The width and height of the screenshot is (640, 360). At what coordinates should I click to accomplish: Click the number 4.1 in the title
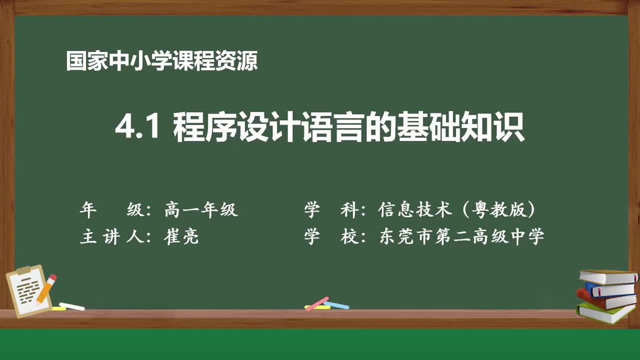(137, 128)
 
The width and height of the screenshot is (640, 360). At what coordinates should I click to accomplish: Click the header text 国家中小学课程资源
(162, 61)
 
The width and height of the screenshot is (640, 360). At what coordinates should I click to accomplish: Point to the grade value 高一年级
(201, 210)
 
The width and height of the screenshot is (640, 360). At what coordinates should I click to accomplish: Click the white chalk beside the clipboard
(71, 306)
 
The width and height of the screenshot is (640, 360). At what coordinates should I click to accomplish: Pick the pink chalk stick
(316, 303)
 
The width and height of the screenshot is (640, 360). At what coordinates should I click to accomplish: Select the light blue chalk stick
(336, 304)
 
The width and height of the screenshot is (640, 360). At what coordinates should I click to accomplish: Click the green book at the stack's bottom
(605, 313)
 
